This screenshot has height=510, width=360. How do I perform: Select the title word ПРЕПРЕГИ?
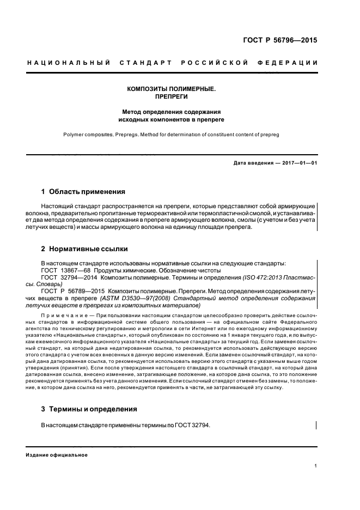point(172,96)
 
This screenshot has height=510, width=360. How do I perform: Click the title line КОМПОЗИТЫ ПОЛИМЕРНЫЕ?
point(172,88)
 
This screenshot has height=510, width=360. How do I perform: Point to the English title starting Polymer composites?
point(171,133)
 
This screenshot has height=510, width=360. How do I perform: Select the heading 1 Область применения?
point(83,192)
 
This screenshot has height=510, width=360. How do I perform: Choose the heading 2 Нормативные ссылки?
point(84,249)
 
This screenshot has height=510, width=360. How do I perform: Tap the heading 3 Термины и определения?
point(89,409)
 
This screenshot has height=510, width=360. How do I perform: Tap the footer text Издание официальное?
point(57,454)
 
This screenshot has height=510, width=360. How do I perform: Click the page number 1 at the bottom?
point(316,466)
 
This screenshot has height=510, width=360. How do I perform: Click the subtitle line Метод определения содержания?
point(172,111)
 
